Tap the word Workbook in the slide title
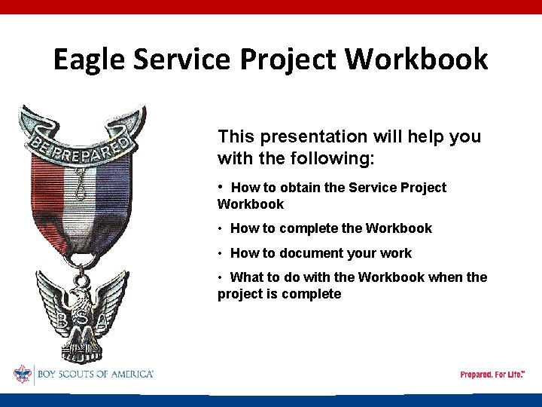(x=431, y=59)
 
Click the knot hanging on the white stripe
(x=78, y=185)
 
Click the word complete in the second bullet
(x=309, y=228)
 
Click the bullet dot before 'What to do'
(x=221, y=277)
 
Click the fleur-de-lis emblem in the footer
(x=23, y=374)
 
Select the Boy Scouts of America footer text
(x=94, y=374)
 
